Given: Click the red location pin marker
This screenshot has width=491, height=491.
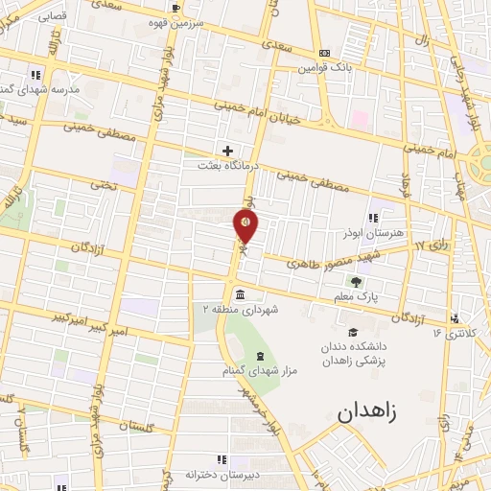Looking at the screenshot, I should [245, 224].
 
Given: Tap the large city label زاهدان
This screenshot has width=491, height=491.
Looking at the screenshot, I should [373, 414].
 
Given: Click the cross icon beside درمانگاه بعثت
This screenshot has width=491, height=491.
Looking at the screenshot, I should [227, 151].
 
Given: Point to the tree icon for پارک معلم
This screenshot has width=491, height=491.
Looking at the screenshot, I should [356, 282].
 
